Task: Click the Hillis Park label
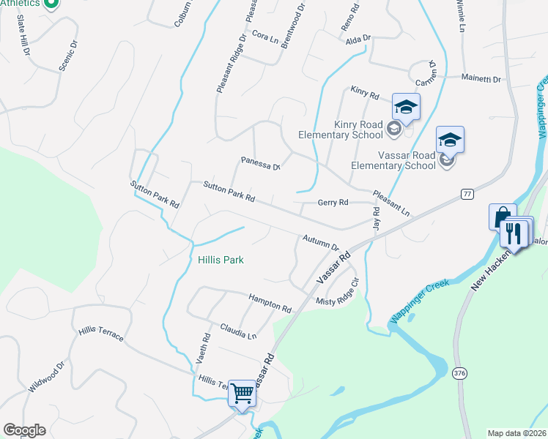point(221,260)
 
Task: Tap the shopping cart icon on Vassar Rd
point(242,394)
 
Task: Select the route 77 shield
point(467,193)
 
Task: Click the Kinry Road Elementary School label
point(340,130)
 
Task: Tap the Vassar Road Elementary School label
point(393,161)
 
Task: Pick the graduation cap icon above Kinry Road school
point(405,108)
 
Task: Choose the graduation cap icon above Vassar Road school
point(450,139)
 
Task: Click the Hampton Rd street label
point(270,300)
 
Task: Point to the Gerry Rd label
point(333,203)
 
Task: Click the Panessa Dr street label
point(261,162)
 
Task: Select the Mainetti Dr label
point(481,78)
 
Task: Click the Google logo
point(24,430)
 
